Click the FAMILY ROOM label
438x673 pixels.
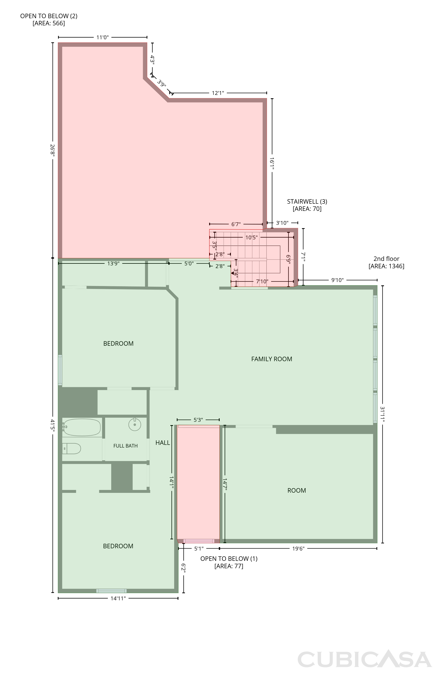coord(271,359)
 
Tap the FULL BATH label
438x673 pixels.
coord(126,446)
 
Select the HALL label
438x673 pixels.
coord(163,443)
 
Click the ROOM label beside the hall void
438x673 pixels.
coord(296,490)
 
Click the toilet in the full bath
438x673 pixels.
coord(72,448)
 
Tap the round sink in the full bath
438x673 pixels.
coord(135,424)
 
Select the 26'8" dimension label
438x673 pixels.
coord(52,150)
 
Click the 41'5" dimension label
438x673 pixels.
coord(52,425)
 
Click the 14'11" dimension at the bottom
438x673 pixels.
coord(118,598)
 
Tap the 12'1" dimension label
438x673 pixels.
coord(218,93)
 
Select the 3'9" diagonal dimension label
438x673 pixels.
coord(162,84)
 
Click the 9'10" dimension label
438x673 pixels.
coord(337,280)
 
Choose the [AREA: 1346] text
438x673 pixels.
coord(386,266)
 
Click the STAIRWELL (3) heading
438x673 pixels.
coord(307,202)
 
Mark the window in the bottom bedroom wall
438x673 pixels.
coord(111,591)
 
